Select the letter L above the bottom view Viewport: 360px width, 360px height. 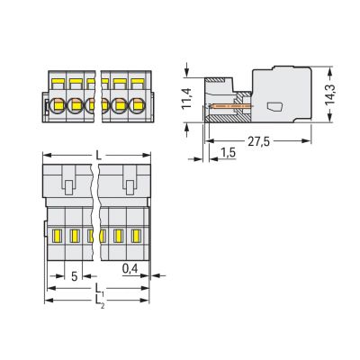click(x=98, y=155)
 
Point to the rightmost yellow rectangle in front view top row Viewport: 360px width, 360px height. click(x=138, y=81)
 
